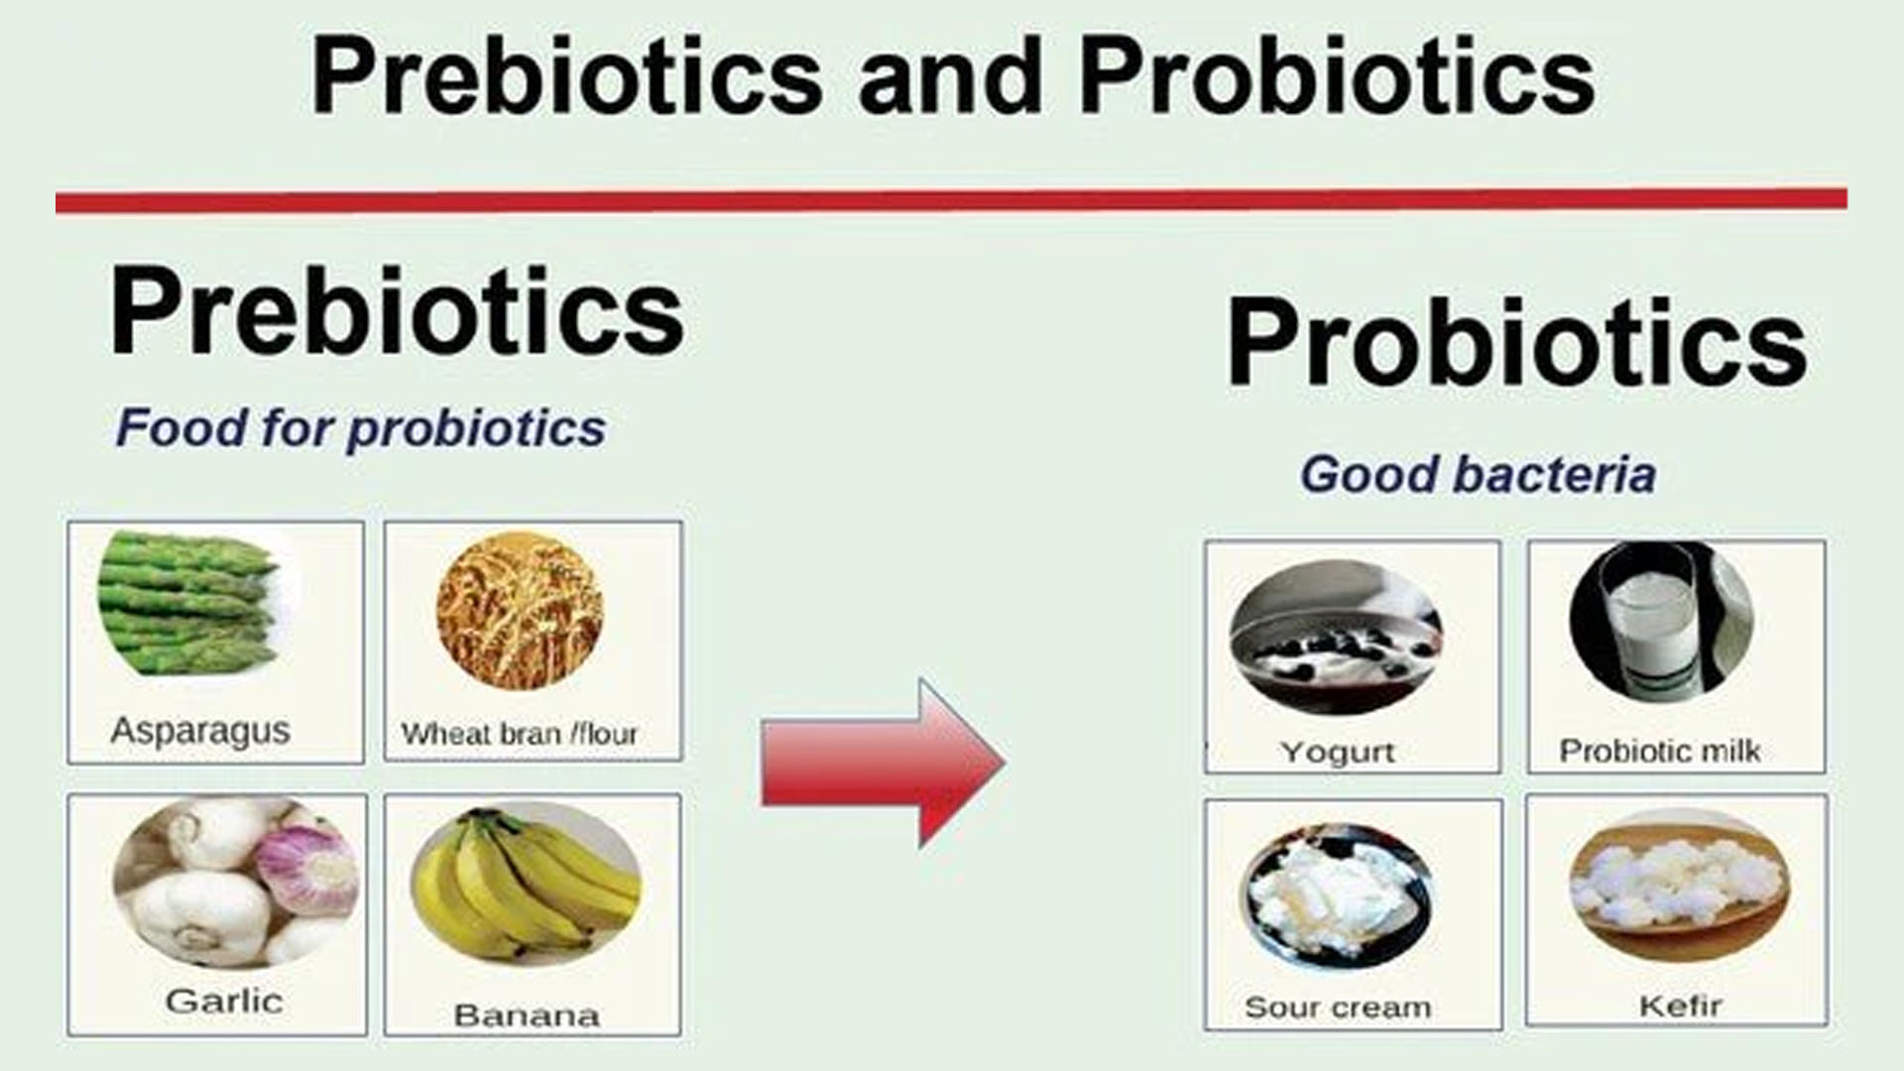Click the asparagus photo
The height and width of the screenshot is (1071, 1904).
(188, 604)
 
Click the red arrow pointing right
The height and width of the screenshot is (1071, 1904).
(884, 763)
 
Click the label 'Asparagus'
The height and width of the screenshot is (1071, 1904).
(200, 731)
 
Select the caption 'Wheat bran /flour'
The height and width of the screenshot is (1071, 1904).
(520, 734)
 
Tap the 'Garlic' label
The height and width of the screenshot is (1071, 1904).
(224, 1001)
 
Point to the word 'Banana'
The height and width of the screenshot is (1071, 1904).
(527, 1014)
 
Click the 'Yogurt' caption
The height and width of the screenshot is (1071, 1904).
(1338, 753)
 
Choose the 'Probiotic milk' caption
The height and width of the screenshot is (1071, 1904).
(1660, 751)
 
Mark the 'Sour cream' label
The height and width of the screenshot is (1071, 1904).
(1338, 1008)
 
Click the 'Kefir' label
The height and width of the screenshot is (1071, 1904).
(1680, 1006)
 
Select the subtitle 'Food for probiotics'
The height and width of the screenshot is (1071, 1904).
(361, 428)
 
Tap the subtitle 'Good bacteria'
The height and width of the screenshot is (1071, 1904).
(1479, 474)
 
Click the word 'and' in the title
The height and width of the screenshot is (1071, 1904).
(950, 77)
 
